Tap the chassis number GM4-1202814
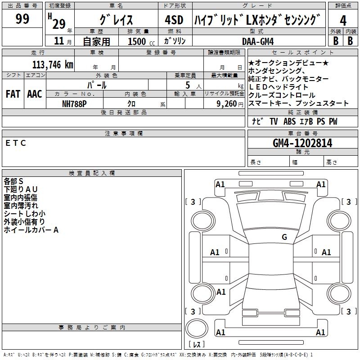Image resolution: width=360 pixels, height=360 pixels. pos(302,143)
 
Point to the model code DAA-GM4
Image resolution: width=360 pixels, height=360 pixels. pos(258,41)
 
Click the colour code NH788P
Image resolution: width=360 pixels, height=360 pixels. pos(74,103)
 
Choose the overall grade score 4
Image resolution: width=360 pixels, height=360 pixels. pos(343,21)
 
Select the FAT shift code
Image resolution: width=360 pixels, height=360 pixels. pos(13,94)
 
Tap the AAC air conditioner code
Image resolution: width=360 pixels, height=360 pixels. pos(34,94)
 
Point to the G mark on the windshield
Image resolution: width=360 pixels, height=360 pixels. pos(284,237)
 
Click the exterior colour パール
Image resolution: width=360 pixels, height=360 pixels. pos(96,85)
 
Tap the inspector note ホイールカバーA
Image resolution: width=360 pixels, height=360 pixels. pos(31,230)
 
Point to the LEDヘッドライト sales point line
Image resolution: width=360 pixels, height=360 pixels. pos(279,87)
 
